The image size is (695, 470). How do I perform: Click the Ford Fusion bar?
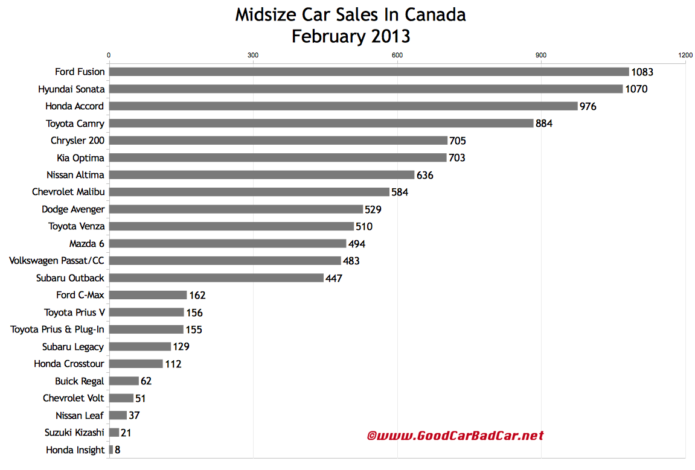[368, 72]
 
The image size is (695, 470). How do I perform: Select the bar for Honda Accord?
[343, 106]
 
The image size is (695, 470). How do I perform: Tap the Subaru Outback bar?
[216, 278]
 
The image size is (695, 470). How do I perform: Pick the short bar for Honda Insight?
[111, 449]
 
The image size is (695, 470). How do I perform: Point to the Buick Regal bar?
[124, 381]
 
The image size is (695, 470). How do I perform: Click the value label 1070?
[636, 89]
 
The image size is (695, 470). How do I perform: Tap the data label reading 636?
[425, 175]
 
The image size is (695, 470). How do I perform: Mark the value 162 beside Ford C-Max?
[197, 296]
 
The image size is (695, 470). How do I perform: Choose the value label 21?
[126, 433]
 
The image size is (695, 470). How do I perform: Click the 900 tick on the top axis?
[541, 56]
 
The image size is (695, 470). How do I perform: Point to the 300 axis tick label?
[253, 56]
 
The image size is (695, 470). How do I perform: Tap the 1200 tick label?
[685, 56]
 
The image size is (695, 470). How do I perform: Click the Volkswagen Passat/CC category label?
[57, 261]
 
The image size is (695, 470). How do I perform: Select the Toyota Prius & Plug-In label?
[57, 329]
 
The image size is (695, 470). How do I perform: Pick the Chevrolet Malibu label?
[68, 192]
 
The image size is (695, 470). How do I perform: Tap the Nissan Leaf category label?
[80, 415]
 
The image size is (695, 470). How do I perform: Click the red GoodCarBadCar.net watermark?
[455, 436]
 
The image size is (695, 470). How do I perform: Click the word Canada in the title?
[435, 14]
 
